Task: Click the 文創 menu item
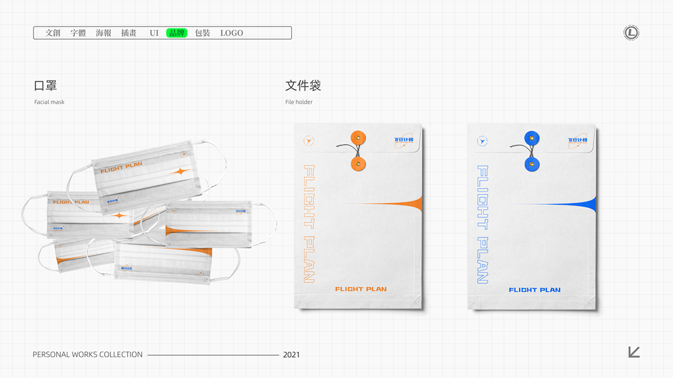(53, 33)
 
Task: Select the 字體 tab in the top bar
(78, 33)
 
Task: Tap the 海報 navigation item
(103, 33)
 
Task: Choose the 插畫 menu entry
(129, 33)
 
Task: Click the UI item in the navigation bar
(154, 33)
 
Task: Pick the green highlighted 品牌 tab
(177, 33)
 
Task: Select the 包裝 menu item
(202, 33)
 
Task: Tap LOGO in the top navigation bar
(231, 33)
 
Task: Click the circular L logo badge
(631, 33)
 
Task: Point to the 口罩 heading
(45, 86)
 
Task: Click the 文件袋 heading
(303, 86)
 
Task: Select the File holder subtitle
(299, 102)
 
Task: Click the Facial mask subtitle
(49, 102)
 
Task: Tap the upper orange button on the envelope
(358, 138)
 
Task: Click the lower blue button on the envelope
(532, 165)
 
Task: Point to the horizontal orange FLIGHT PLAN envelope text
(361, 289)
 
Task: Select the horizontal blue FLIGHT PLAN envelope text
(534, 290)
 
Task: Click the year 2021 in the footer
(291, 355)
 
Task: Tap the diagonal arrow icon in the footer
(634, 352)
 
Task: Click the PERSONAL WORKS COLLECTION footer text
(88, 355)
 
